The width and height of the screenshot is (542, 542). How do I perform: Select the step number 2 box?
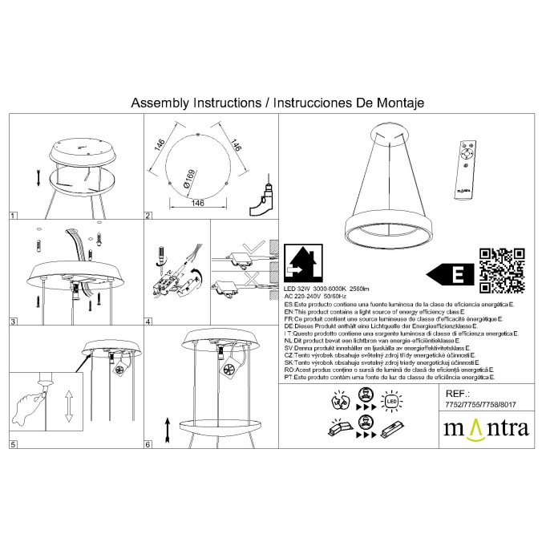coord(148,216)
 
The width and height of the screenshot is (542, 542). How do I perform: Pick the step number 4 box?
coord(148,322)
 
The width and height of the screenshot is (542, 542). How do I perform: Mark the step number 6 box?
coord(148,443)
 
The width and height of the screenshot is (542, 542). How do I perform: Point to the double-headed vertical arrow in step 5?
coord(69,406)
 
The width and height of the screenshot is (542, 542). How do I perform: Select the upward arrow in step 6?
coord(167,430)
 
